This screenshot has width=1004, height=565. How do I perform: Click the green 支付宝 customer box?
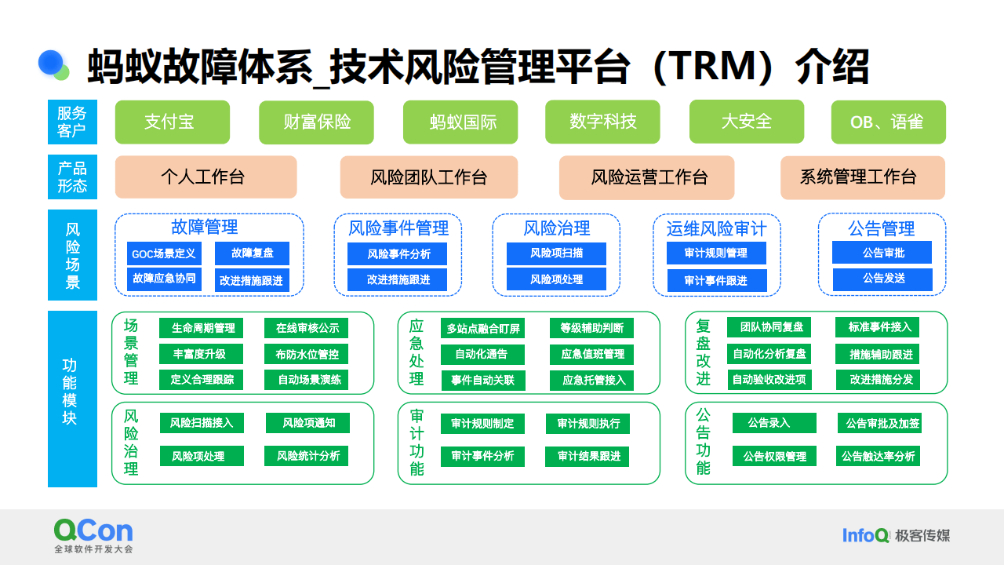point(172,122)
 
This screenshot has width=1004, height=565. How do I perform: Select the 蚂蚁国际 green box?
point(460,122)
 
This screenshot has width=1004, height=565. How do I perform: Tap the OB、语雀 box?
point(887,122)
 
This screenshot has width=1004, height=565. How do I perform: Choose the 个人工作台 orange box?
point(206,177)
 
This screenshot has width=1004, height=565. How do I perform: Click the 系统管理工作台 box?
point(862,177)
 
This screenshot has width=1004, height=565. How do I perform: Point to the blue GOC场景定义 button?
point(164,253)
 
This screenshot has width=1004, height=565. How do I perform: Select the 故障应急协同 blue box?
point(164,279)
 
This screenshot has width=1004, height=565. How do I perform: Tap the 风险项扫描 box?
point(556,253)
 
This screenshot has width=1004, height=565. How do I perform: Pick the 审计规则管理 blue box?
point(715,253)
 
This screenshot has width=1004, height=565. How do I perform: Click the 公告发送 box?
point(882,279)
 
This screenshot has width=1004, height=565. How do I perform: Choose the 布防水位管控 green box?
point(307,354)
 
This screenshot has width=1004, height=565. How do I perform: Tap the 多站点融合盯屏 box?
point(483,328)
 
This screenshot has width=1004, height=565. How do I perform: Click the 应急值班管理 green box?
point(592,354)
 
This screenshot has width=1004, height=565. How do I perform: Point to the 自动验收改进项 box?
point(769,380)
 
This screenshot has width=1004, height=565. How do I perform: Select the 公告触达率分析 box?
point(878,456)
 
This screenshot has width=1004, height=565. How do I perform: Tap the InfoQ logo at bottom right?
point(865,536)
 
